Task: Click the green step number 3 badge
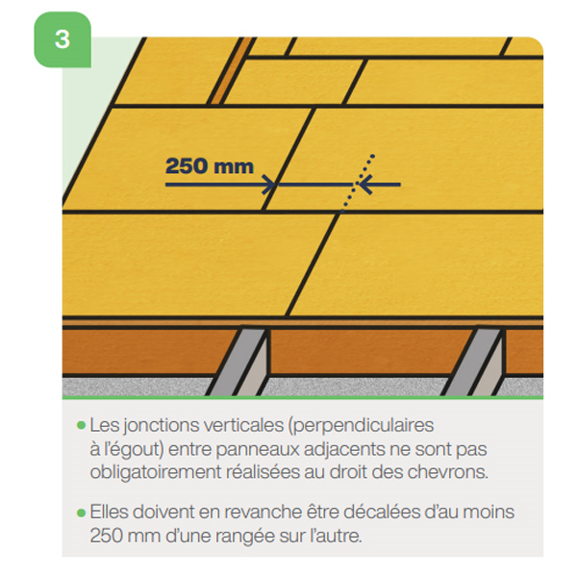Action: point(63,39)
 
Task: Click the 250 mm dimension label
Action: point(209,166)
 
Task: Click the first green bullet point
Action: point(82,425)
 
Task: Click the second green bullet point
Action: point(82,513)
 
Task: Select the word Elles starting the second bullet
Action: point(109,513)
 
